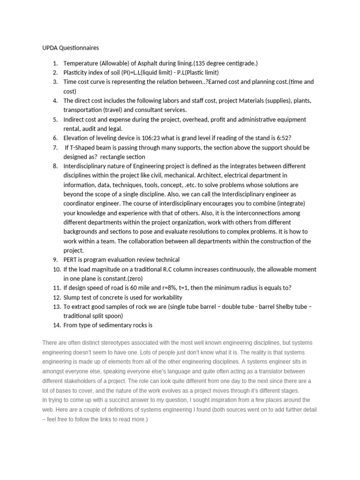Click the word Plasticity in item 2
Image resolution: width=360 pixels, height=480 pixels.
click(x=77, y=73)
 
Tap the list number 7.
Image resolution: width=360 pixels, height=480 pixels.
click(x=55, y=147)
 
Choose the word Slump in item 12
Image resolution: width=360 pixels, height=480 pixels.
click(x=73, y=297)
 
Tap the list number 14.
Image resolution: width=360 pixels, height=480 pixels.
click(x=53, y=325)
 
